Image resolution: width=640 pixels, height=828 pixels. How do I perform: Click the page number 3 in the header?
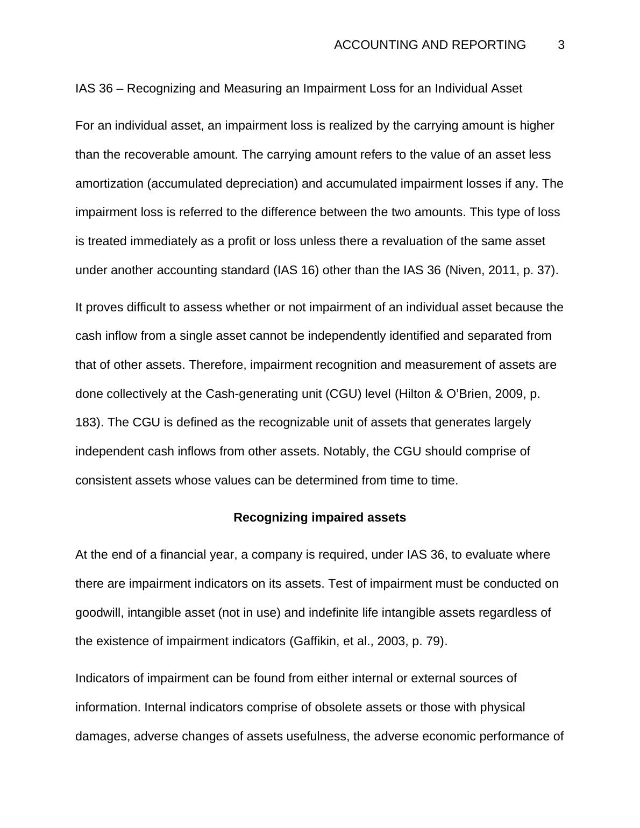561,45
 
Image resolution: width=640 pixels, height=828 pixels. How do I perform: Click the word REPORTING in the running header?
489,45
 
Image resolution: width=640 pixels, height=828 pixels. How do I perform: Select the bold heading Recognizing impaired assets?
319,517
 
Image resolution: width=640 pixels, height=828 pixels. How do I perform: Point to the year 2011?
503,270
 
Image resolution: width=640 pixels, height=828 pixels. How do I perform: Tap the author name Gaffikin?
312,641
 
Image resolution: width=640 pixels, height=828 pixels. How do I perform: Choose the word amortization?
109,183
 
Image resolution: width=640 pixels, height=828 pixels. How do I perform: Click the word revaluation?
411,241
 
